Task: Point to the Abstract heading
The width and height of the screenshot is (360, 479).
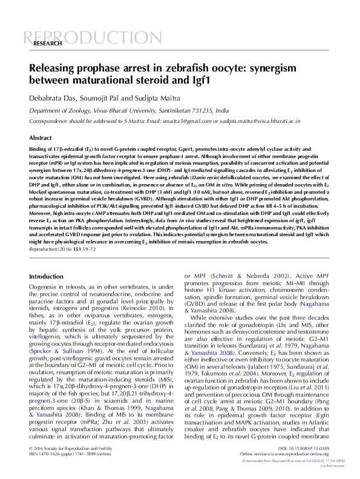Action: pyautogui.click(x=41, y=138)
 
